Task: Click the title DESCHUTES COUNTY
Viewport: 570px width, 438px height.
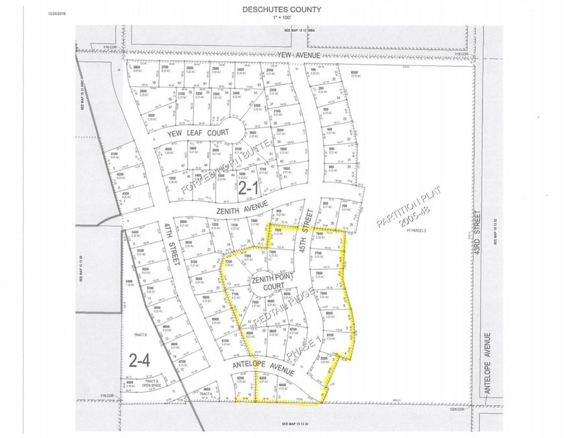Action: [x=285, y=10]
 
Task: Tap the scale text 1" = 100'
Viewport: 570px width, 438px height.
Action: [x=285, y=17]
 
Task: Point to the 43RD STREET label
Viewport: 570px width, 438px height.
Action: [x=479, y=233]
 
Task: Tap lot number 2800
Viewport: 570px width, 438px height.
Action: [x=136, y=67]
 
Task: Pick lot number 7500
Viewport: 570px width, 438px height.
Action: [x=277, y=230]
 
